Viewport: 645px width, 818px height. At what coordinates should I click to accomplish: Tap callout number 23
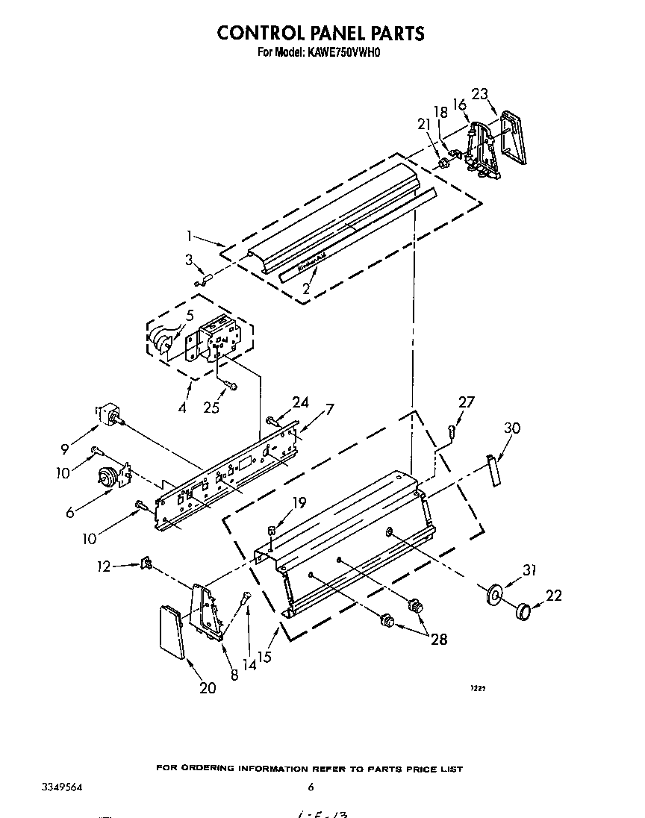[480, 94]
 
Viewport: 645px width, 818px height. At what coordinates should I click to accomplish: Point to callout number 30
[512, 428]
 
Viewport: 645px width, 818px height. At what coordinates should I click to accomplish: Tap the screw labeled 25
[228, 385]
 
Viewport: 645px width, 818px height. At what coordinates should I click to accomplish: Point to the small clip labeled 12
[147, 563]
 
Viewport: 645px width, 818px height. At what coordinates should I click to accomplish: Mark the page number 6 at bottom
[311, 787]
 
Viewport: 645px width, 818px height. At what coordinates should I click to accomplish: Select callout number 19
[300, 503]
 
